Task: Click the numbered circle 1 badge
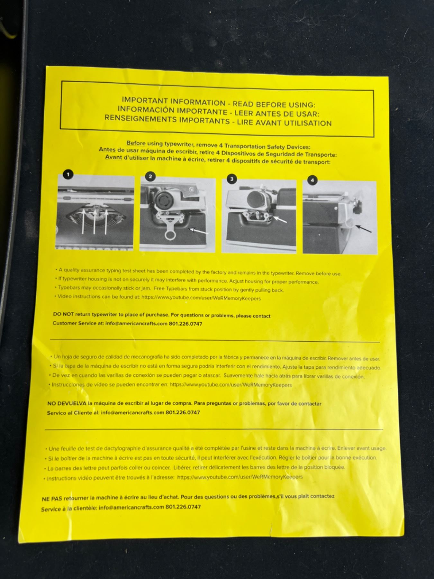[x=68, y=174]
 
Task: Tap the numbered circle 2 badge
[x=150, y=176]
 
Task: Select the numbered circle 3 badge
[x=232, y=179]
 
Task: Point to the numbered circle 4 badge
[x=312, y=180]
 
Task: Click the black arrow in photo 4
[x=364, y=228]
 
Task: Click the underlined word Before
[x=136, y=143]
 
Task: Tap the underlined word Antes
[x=107, y=150]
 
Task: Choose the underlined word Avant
[x=113, y=157]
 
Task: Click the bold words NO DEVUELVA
[x=67, y=403]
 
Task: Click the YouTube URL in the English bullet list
[x=201, y=298]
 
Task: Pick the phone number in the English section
[x=185, y=324]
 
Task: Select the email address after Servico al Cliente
[x=132, y=412]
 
